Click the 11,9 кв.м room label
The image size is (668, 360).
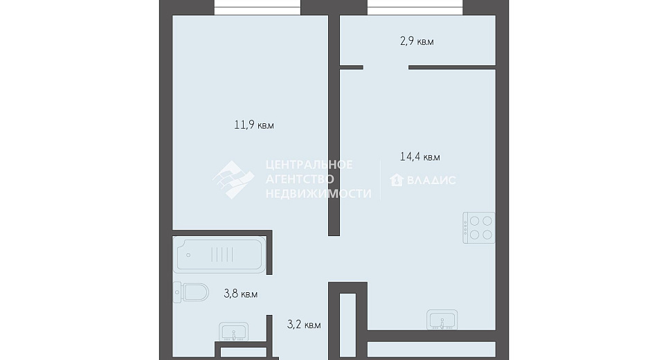tap(254, 125)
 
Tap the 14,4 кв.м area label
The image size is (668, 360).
tap(419, 156)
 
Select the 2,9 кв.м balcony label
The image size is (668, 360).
tap(417, 42)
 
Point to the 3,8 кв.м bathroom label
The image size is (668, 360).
tap(241, 294)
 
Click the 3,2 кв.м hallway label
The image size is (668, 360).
tap(304, 325)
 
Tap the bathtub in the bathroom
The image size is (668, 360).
tap(219, 255)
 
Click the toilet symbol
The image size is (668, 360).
tap(191, 292)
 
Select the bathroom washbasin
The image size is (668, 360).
tap(233, 332)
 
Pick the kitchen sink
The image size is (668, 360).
tap(442, 320)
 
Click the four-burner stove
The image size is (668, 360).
tap(479, 228)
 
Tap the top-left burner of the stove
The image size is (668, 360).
tap(473, 221)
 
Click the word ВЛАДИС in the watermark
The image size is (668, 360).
tap(431, 180)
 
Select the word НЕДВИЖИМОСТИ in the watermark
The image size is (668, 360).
tap(318, 194)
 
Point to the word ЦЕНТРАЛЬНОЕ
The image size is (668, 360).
tap(309, 165)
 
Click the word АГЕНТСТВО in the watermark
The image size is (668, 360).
tap(300, 179)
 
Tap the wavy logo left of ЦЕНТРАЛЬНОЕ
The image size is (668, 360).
tap(233, 180)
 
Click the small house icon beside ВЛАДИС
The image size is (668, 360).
tap(396, 180)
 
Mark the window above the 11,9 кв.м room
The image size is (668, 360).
tap(258, 7)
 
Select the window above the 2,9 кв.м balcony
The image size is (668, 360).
tap(415, 7)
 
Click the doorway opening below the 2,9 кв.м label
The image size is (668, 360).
tap(386, 67)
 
